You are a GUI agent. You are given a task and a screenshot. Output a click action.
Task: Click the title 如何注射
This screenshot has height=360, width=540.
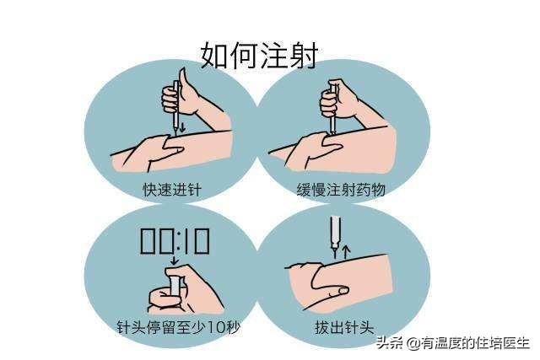point(259,56)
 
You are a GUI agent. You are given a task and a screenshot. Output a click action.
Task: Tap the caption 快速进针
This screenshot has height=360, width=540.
point(172,190)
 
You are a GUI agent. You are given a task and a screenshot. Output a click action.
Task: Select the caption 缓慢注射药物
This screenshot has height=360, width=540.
point(341,190)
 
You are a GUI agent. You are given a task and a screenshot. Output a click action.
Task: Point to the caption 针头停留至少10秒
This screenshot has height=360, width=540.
point(178,327)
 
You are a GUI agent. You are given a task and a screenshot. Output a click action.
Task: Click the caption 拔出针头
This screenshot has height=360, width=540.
point(344,327)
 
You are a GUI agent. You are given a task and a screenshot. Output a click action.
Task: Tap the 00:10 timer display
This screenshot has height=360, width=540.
point(175,242)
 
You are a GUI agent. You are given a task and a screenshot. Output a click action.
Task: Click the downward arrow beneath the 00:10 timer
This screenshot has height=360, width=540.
point(175,260)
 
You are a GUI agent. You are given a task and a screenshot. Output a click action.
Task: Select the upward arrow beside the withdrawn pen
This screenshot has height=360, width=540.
point(347,252)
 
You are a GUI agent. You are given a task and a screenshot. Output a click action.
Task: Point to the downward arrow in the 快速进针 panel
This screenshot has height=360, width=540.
point(182,126)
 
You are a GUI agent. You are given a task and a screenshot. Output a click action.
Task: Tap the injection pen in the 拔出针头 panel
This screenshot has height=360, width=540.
point(335,236)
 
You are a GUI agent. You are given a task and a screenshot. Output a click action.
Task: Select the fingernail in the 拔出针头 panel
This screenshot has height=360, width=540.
point(343,291)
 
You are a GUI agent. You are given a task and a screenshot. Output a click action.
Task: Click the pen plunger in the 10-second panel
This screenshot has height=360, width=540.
point(175,284)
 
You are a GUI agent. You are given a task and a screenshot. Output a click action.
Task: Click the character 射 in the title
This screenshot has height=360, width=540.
point(303,56)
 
